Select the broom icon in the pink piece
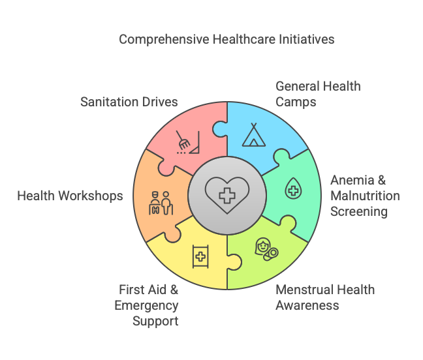tap(188, 142)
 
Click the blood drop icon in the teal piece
tap(293, 188)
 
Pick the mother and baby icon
tap(266, 249)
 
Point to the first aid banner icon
tap(200, 256)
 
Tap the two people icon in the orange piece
tap(161, 203)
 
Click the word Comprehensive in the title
tap(164, 40)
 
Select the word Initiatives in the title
tap(307, 39)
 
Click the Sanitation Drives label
tap(129, 102)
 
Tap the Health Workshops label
tap(70, 196)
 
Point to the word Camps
tap(296, 102)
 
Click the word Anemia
tap(352, 180)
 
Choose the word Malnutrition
tap(366, 196)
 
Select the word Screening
tap(359, 212)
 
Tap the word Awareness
tap(307, 306)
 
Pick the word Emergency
tap(146, 306)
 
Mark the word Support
tap(155, 322)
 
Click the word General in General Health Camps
tap(293, 87)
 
